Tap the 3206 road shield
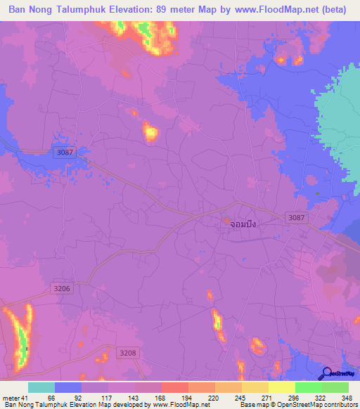[x=62, y=288]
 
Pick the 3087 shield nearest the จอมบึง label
[x=296, y=219]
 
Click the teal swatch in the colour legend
[x=41, y=387]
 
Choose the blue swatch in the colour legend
[x=68, y=387]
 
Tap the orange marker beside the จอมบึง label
[x=226, y=221]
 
